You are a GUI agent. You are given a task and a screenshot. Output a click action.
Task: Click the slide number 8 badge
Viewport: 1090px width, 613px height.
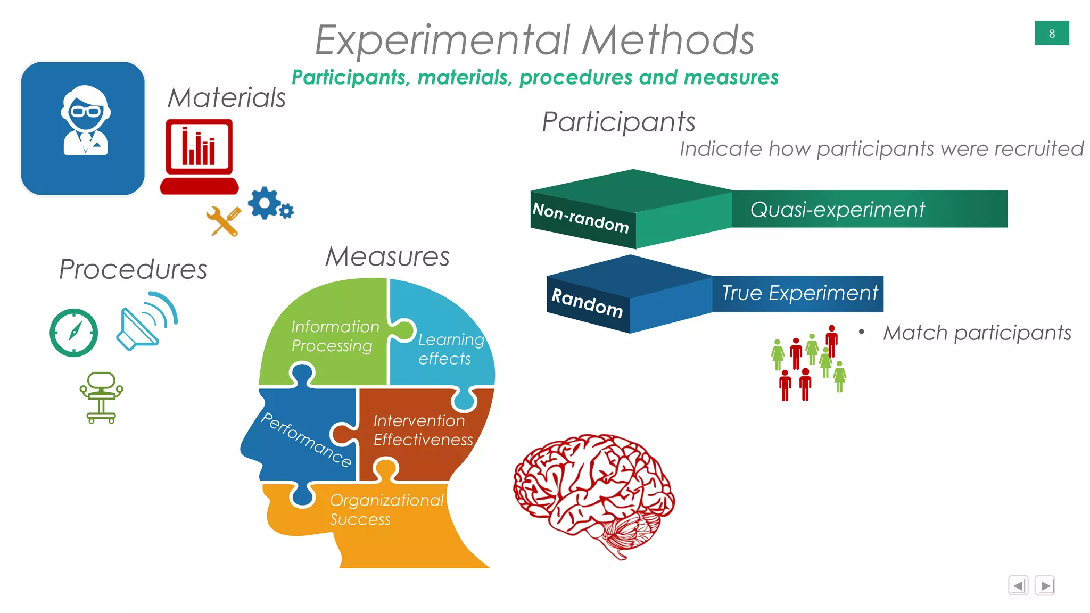point(1051,33)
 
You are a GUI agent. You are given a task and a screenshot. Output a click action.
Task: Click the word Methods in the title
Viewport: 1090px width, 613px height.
point(668,40)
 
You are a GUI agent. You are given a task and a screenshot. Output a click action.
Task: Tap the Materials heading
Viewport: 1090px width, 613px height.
point(227,98)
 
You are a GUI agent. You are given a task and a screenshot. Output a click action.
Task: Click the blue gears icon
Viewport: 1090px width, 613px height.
point(269,204)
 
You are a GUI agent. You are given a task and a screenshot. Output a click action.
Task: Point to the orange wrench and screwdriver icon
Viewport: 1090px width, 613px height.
point(224,221)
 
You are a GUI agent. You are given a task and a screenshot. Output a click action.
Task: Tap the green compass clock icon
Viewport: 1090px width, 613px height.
point(73,333)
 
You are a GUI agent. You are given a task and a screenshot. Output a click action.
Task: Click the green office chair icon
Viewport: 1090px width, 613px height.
point(101,397)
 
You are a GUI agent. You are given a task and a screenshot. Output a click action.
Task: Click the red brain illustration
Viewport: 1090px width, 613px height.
point(593,492)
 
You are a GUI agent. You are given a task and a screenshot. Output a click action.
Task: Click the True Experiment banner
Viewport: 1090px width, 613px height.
point(798,293)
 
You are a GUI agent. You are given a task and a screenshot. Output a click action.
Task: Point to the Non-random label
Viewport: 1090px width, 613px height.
point(581,218)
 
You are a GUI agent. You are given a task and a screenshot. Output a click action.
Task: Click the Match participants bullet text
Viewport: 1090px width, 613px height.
point(977,333)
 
